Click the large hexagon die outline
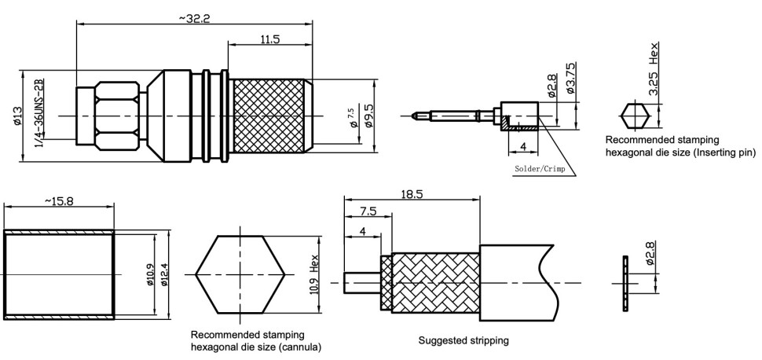[x=240, y=274]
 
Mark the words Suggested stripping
[x=463, y=340]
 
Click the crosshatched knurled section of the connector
[x=271, y=115]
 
